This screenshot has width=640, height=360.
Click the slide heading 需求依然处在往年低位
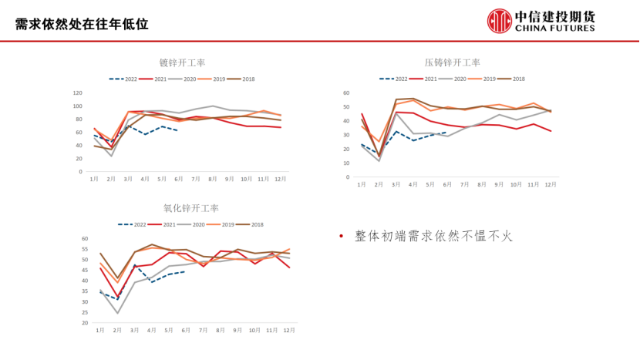[82, 23]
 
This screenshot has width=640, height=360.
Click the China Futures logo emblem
[499, 21]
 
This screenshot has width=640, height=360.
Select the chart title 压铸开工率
[452, 62]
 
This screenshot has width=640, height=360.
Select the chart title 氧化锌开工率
[190, 208]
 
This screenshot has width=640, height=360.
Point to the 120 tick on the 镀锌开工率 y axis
[78, 93]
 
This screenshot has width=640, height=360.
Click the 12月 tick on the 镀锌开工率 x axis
[280, 179]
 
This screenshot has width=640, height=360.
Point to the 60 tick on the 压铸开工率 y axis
[346, 93]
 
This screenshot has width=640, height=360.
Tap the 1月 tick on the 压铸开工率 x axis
[362, 184]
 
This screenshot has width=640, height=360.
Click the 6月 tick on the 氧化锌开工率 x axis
[186, 330]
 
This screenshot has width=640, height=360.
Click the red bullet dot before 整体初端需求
[342, 237]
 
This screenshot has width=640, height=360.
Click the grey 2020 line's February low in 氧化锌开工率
[118, 313]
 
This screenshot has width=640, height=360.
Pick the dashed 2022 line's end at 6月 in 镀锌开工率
[178, 130]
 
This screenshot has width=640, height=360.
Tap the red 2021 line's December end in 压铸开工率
[551, 131]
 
